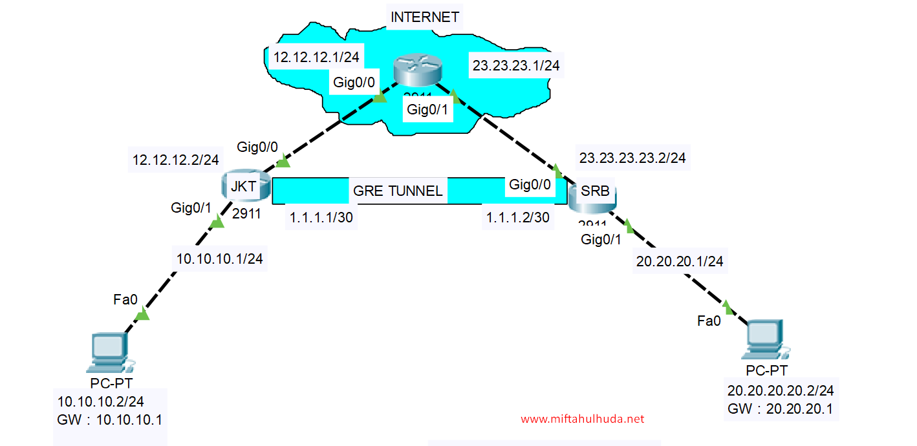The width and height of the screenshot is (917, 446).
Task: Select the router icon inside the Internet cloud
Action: coord(417,70)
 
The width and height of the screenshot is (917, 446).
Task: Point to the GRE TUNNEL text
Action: coord(398,191)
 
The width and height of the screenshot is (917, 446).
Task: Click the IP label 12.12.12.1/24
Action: coord(316,57)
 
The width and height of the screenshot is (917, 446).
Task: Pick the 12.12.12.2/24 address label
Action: coord(175,160)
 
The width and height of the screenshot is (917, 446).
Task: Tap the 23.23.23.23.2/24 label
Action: coord(632,158)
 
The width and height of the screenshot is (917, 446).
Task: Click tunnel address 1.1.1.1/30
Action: coord(321,217)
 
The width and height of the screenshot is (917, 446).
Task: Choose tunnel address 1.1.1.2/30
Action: coord(517,217)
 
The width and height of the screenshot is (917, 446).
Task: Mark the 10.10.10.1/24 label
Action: coord(220,259)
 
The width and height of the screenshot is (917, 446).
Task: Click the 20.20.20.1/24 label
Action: coord(680,261)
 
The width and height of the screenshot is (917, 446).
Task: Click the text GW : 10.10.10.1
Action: coord(109,419)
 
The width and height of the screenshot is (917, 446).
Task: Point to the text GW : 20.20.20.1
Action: coord(780,409)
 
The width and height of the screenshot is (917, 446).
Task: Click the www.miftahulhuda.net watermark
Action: coord(582,419)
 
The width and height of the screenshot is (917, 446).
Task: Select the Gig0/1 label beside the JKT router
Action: coord(191,207)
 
